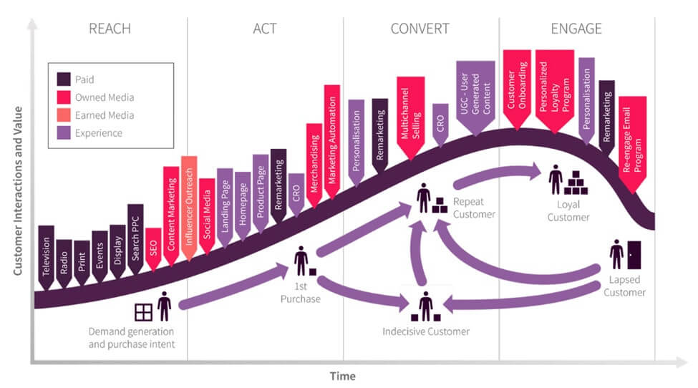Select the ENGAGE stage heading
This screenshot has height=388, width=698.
coord(576,29)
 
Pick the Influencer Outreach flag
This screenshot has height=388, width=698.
coord(189,204)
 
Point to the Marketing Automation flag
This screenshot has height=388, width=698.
coord(332,136)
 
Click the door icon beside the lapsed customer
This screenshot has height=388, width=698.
coord(632,253)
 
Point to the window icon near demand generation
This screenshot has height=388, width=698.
coord(143,312)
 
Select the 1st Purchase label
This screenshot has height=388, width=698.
coord(300,294)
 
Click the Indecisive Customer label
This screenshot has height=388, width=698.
coord(426,331)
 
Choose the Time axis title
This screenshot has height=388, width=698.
coord(342,376)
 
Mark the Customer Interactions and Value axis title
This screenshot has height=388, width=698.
coord(17,192)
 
